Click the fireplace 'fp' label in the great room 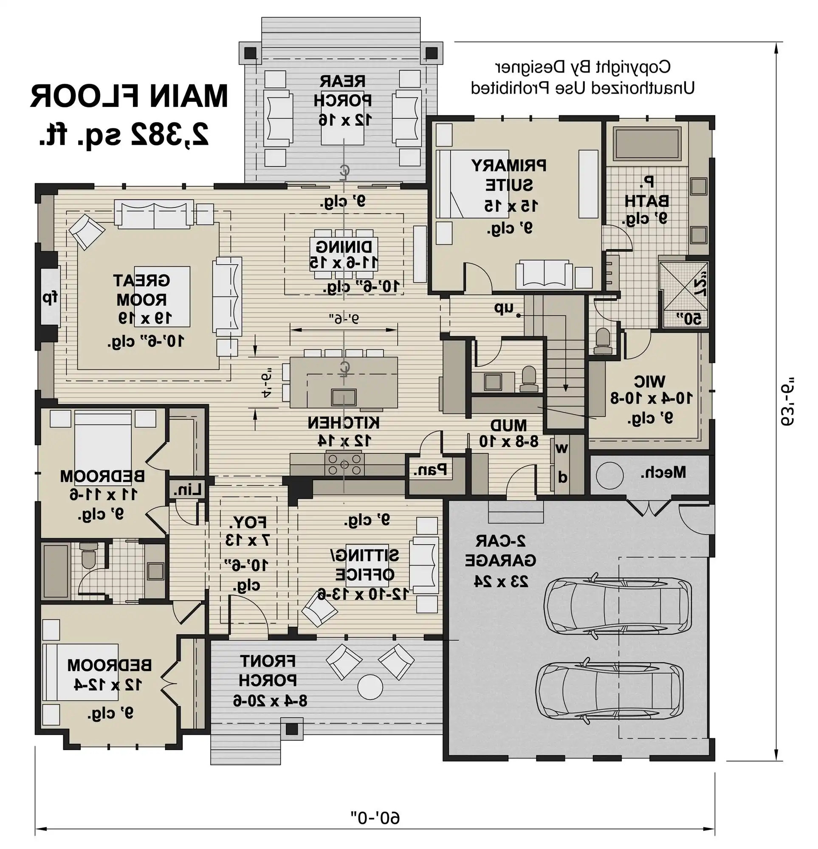click(x=50, y=298)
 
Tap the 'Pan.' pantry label click(x=429, y=469)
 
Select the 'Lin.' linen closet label click(x=187, y=489)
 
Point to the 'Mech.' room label click(x=663, y=472)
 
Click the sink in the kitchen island click(x=343, y=397)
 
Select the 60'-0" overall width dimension click(x=375, y=818)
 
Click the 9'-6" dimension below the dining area click(x=344, y=319)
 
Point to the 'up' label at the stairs click(x=504, y=308)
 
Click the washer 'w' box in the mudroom click(x=562, y=449)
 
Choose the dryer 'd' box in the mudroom click(x=562, y=477)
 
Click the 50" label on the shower click(x=689, y=319)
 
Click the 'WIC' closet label click(x=649, y=382)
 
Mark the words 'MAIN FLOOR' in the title click(x=129, y=96)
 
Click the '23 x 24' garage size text click(x=501, y=581)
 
